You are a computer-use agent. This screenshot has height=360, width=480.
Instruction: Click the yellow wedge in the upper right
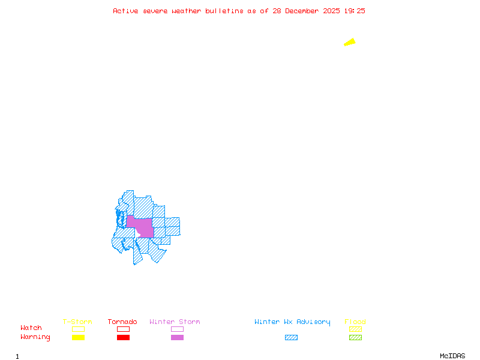pos(350,42)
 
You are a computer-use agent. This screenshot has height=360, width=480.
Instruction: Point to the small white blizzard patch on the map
pos(137,233)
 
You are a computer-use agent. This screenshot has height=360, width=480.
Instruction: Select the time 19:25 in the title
pos(355,11)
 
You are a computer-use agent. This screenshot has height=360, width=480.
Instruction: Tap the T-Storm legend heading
pos(77,322)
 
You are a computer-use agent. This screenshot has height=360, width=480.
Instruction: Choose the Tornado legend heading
pos(122,322)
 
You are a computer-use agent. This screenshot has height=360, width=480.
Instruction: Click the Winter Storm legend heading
pos(175,322)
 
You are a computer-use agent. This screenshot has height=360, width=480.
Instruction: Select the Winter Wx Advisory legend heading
pos(292,322)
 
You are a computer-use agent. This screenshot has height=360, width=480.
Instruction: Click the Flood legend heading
pos(355,322)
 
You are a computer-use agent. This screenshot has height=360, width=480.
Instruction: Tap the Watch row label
pos(31,328)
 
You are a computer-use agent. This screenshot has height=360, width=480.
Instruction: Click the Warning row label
pos(35,337)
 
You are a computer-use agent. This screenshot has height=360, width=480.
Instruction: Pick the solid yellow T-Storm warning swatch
pos(78,338)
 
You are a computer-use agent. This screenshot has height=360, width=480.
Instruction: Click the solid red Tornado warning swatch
pos(123,338)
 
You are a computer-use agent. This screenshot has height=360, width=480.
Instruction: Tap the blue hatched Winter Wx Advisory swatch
pos(291,338)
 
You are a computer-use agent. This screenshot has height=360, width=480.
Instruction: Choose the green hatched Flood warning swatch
pos(355,338)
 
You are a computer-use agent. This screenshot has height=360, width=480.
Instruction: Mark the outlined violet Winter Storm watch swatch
pos(177,329)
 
